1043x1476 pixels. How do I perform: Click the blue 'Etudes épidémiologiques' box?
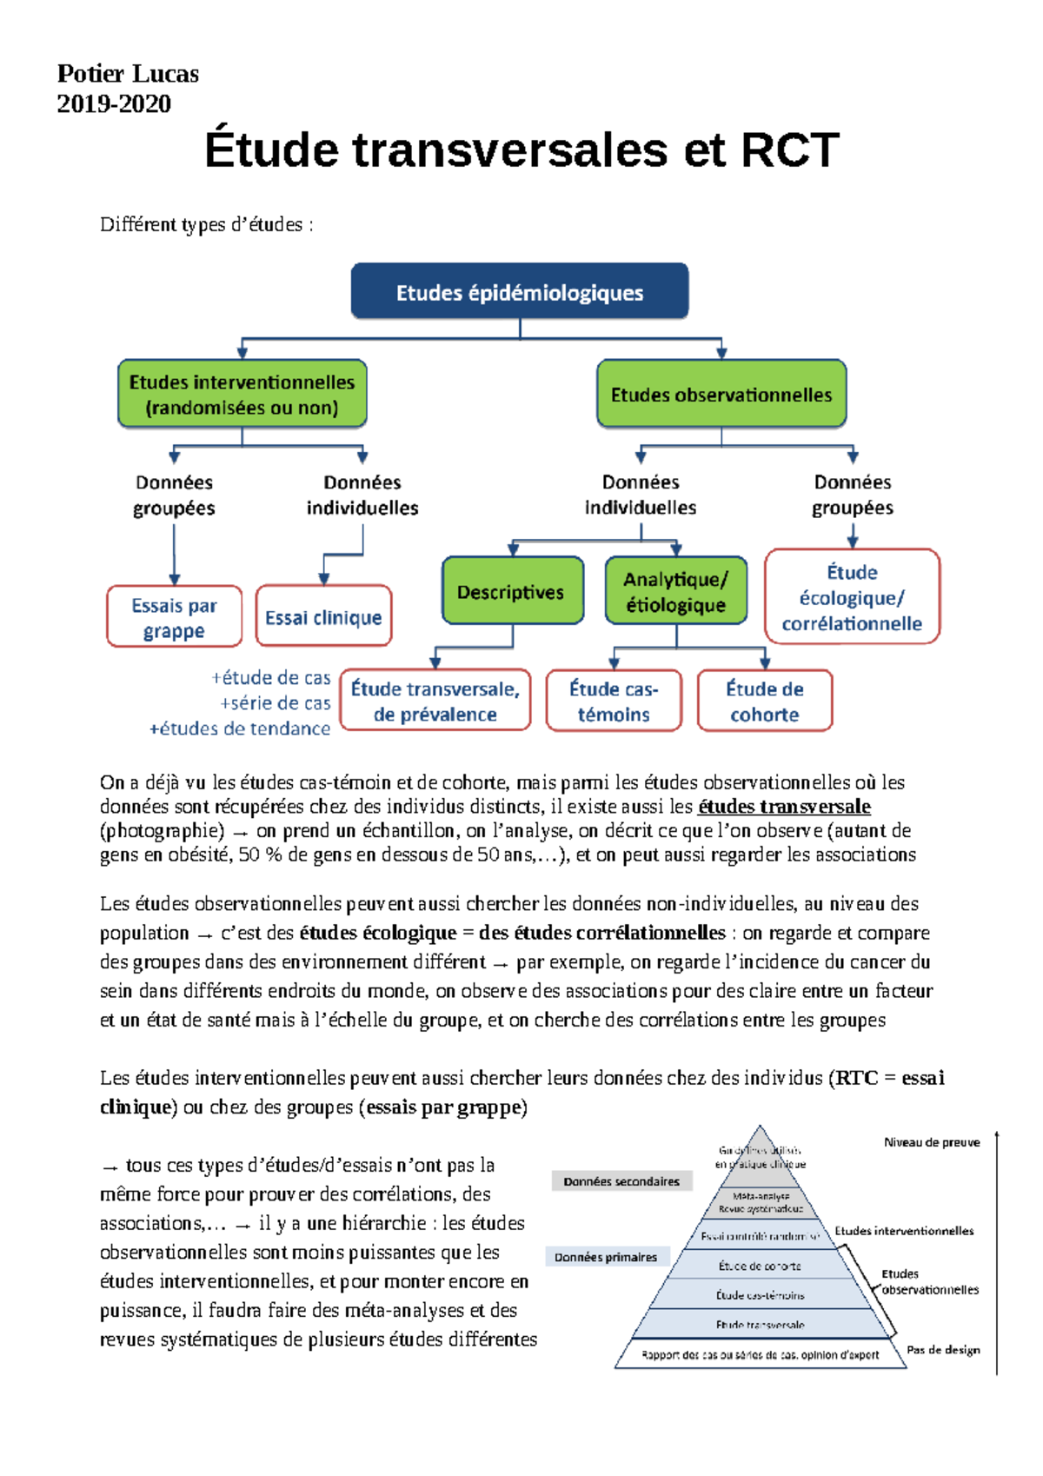click(x=520, y=292)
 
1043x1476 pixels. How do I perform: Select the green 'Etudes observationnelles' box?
click(x=721, y=395)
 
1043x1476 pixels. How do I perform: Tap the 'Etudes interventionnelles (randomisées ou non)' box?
click(x=242, y=395)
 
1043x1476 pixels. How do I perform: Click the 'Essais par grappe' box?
click(x=174, y=617)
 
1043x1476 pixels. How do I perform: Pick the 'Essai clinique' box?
click(x=323, y=617)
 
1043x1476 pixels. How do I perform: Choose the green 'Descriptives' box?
click(x=511, y=592)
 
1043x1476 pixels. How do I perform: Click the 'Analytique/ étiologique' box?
click(x=675, y=592)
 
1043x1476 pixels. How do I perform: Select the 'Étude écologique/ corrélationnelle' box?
click(x=852, y=597)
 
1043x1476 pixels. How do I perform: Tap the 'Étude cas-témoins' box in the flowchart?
click(x=614, y=701)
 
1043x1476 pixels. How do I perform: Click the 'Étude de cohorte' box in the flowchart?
click(x=764, y=701)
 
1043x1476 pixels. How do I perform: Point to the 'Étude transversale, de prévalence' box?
click(x=435, y=701)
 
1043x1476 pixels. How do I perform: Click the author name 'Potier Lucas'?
click(x=128, y=74)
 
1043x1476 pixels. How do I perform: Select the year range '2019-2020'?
click(x=114, y=104)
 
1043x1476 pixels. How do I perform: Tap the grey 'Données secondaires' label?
click(x=621, y=1181)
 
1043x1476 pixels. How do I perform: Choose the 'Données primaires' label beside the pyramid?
click(x=606, y=1257)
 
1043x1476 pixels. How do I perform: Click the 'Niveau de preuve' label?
click(x=932, y=1142)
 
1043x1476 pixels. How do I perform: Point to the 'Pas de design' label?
click(x=943, y=1350)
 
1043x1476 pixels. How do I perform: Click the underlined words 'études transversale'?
click(x=784, y=807)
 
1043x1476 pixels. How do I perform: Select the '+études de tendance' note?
click(x=240, y=728)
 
